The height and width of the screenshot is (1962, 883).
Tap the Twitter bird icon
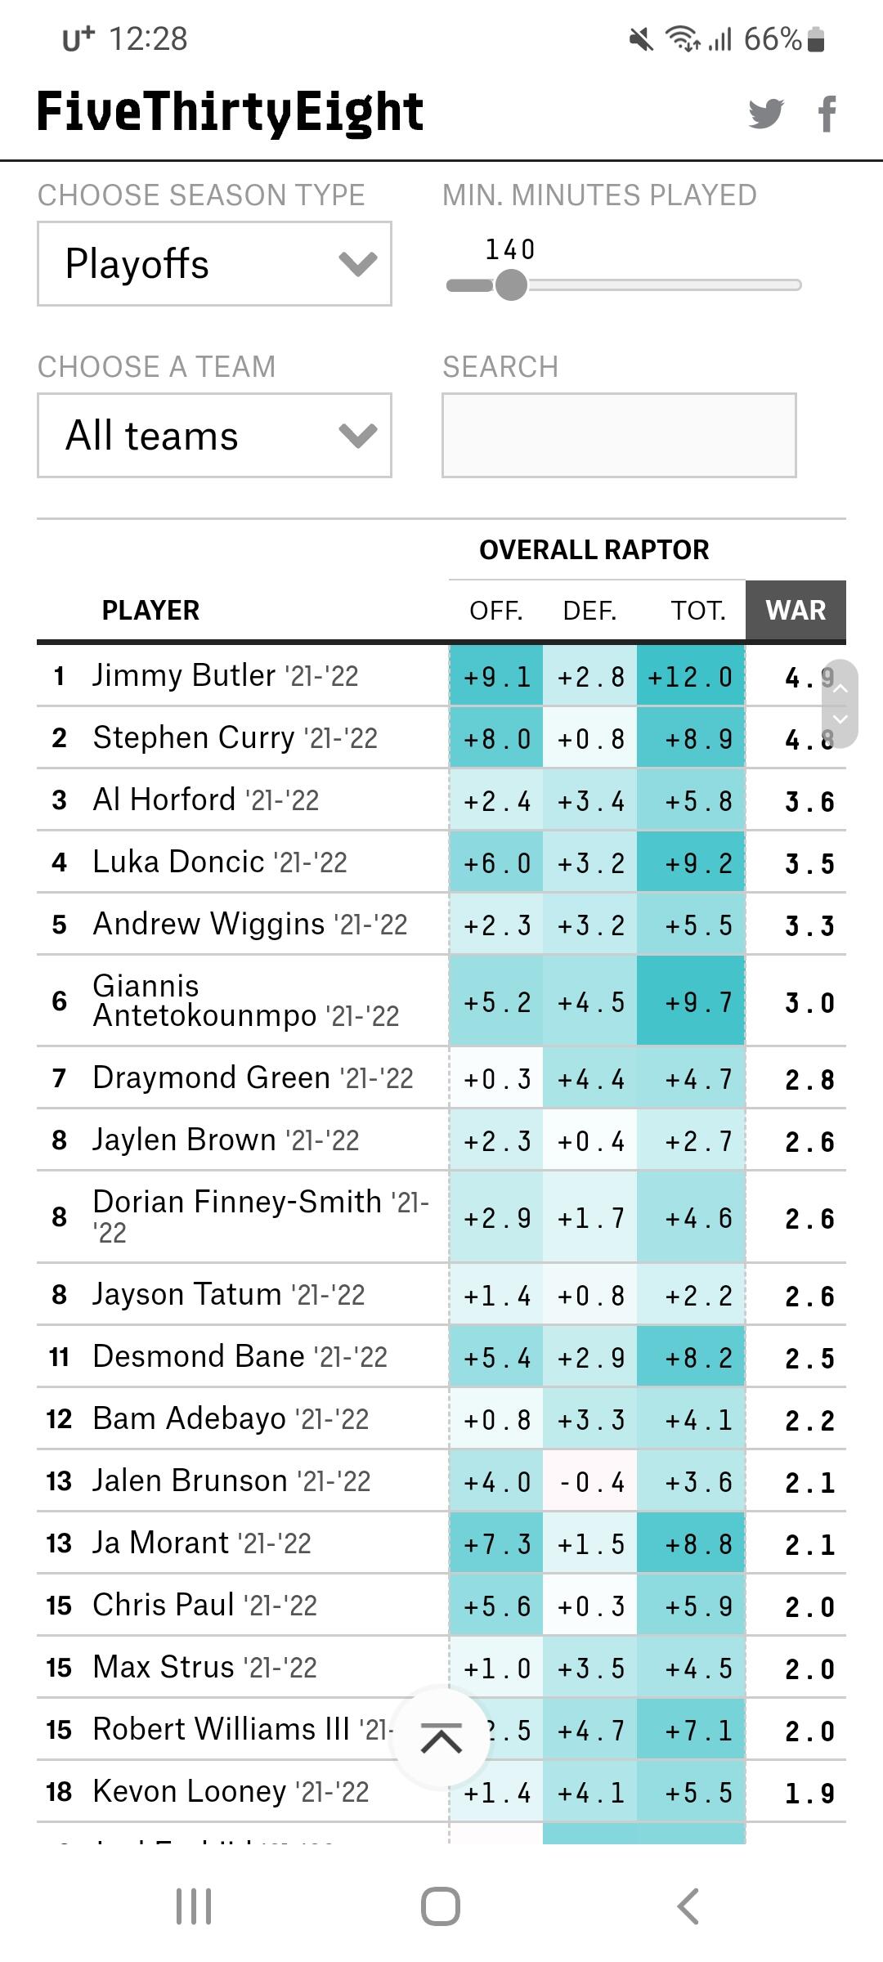pyautogui.click(x=766, y=113)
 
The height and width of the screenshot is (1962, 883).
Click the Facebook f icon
pyautogui.click(x=827, y=113)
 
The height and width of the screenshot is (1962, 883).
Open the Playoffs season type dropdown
pyautogui.click(x=214, y=264)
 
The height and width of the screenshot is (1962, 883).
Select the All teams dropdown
pyautogui.click(x=214, y=436)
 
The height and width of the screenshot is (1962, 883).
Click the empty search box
pyautogui.click(x=619, y=436)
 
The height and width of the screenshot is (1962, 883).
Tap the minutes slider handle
pyautogui.click(x=512, y=285)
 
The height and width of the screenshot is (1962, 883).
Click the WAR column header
pyautogui.click(x=796, y=611)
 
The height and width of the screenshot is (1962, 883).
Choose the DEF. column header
pyautogui.click(x=589, y=611)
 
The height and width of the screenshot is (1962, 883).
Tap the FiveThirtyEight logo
pyautogui.click(x=231, y=112)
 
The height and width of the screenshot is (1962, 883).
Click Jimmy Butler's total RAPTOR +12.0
pyautogui.click(x=691, y=677)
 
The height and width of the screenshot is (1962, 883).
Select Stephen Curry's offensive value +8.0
pyautogui.click(x=496, y=739)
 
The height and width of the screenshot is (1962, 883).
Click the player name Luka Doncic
pyautogui.click(x=179, y=862)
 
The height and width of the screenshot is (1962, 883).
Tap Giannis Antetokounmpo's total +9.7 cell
pyautogui.click(x=691, y=1002)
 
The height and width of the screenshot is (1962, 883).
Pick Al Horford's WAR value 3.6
pyautogui.click(x=809, y=801)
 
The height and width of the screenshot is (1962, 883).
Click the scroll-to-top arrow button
pyautogui.click(x=441, y=1737)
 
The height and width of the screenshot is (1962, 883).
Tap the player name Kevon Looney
pyautogui.click(x=190, y=1791)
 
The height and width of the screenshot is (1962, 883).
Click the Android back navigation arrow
pyautogui.click(x=688, y=1906)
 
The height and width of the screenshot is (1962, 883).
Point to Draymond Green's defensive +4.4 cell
pyautogui.click(x=590, y=1079)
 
